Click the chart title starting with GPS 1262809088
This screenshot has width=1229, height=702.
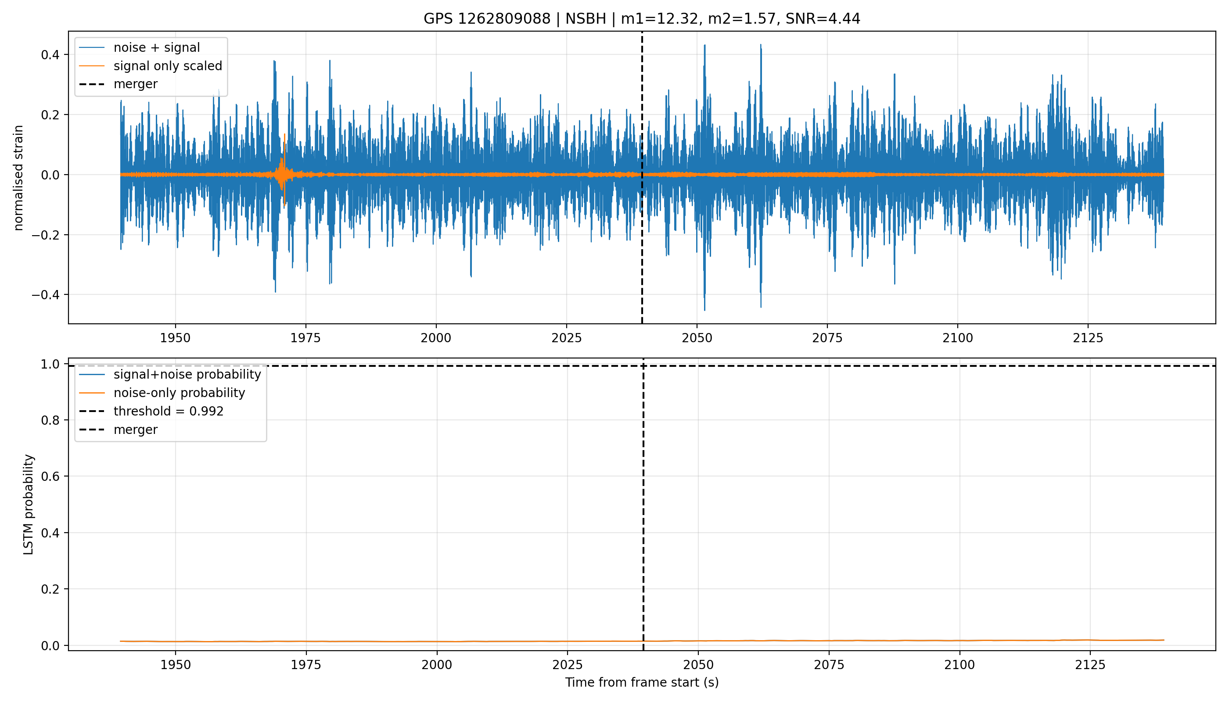(642, 19)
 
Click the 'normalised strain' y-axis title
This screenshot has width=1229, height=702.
(18, 178)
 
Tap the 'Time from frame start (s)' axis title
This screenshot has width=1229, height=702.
(642, 682)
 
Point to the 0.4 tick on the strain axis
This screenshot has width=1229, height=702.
(50, 55)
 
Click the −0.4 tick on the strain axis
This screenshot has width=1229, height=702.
(46, 294)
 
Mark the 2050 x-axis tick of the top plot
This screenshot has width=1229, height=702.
(697, 338)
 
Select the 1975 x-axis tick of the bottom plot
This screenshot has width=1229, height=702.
(306, 665)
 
